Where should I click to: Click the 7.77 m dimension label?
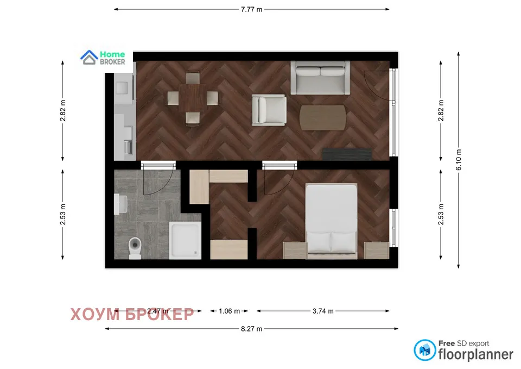pyautogui.click(x=252, y=9)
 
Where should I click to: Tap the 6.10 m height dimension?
pyautogui.click(x=459, y=160)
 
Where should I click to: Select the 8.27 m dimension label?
pyautogui.click(x=252, y=329)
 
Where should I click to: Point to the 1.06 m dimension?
pyautogui.click(x=229, y=311)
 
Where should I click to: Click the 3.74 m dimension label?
pyautogui.click(x=323, y=311)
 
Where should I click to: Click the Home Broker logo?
pyautogui.click(x=104, y=58)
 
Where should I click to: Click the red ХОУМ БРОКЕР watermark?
pyautogui.click(x=132, y=314)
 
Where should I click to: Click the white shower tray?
pyautogui.click(x=185, y=240)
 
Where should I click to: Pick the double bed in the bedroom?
pyautogui.click(x=331, y=220)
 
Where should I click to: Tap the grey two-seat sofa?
pyautogui.click(x=320, y=78)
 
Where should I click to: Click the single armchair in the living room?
pyautogui.click(x=269, y=109)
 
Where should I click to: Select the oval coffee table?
pyautogui.click(x=323, y=117)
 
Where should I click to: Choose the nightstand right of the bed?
pyautogui.click(x=376, y=251)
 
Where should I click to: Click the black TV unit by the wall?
pyautogui.click(x=347, y=153)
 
